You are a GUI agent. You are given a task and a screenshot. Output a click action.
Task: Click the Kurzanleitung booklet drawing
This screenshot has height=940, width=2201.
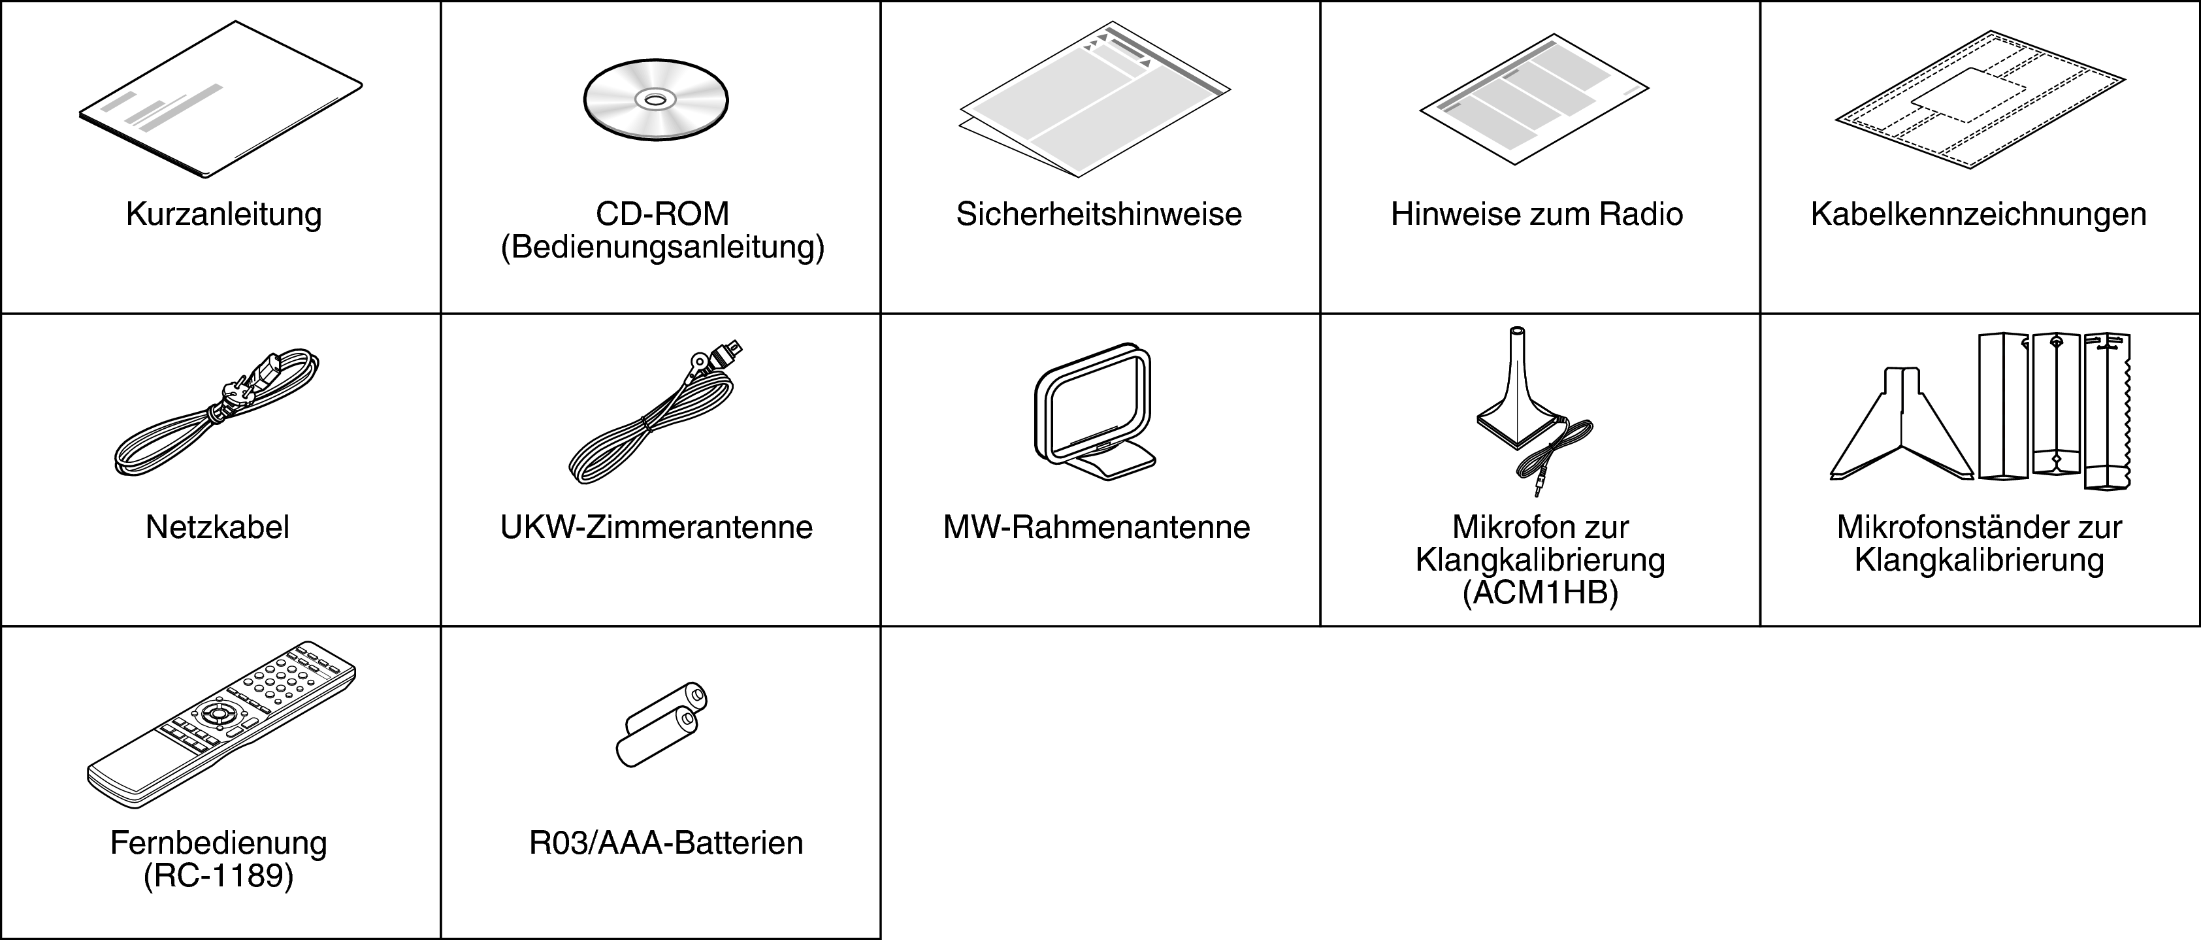pyautogui.click(x=220, y=100)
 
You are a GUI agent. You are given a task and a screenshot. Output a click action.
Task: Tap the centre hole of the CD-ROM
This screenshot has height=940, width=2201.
pyautogui.click(x=655, y=100)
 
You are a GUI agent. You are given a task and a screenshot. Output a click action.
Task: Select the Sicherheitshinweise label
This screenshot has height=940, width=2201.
pyautogui.click(x=1099, y=214)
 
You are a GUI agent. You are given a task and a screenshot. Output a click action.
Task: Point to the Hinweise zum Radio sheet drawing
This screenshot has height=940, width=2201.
pyautogui.click(x=1535, y=99)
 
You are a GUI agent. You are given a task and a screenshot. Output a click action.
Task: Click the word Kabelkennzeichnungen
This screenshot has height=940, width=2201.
pyautogui.click(x=1979, y=214)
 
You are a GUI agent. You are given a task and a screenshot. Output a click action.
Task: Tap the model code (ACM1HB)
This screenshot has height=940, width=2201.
pyautogui.click(x=1540, y=593)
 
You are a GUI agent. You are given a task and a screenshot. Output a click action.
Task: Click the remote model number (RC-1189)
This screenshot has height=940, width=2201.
pyautogui.click(x=219, y=876)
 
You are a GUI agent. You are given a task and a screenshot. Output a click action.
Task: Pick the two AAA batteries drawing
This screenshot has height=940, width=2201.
pyautogui.click(x=661, y=725)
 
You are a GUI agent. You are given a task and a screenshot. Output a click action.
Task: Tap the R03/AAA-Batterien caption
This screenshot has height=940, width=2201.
pyautogui.click(x=666, y=843)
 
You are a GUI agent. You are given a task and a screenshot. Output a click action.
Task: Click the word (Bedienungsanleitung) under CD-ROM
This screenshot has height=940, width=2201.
pyautogui.click(x=662, y=247)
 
